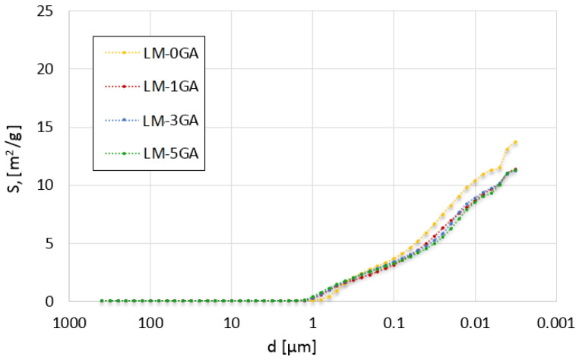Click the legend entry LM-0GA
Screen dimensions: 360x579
click(171, 53)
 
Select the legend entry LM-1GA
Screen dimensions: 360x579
click(171, 87)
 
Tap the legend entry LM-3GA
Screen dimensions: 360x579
click(171, 120)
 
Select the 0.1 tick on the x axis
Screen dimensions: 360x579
click(393, 322)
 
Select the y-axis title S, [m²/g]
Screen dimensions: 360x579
click(17, 156)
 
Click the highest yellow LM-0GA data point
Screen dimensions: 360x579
click(515, 142)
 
